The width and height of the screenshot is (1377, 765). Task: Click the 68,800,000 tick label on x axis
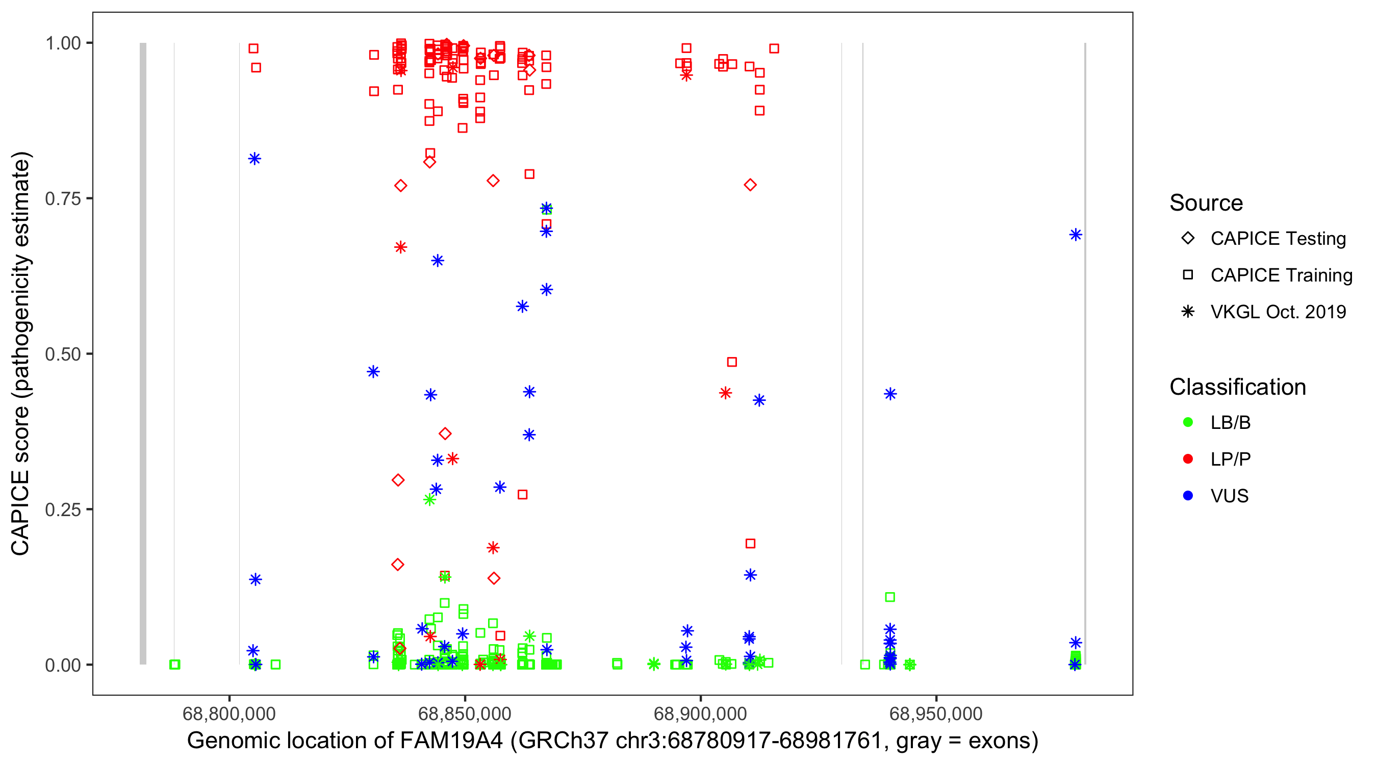(x=229, y=713)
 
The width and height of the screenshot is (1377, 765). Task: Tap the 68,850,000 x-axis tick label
(x=465, y=713)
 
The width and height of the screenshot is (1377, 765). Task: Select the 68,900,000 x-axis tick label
(x=700, y=713)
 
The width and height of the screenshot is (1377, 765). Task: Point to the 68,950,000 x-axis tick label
(x=936, y=713)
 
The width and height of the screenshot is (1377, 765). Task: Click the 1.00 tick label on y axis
(x=63, y=43)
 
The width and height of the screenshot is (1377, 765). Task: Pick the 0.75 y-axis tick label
(x=63, y=199)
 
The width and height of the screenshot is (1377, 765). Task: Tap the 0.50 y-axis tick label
(x=63, y=354)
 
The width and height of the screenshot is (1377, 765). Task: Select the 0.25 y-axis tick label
(x=63, y=509)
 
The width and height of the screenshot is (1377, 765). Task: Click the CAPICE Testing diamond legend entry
(x=1278, y=239)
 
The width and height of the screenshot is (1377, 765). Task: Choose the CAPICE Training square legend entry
(x=1281, y=275)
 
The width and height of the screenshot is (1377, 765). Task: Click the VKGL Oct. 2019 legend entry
(x=1278, y=312)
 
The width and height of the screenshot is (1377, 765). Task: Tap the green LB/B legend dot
(x=1188, y=422)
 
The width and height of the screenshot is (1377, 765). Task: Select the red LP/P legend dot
(x=1188, y=459)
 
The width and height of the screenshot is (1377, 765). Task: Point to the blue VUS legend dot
(x=1188, y=496)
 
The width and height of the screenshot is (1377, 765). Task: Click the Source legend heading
(x=1206, y=203)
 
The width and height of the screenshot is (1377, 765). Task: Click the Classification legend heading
(x=1237, y=387)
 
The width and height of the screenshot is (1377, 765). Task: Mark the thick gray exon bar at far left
(x=143, y=353)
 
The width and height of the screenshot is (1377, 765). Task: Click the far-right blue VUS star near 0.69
(x=1076, y=235)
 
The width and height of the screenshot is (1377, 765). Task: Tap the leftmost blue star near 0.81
(x=254, y=159)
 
